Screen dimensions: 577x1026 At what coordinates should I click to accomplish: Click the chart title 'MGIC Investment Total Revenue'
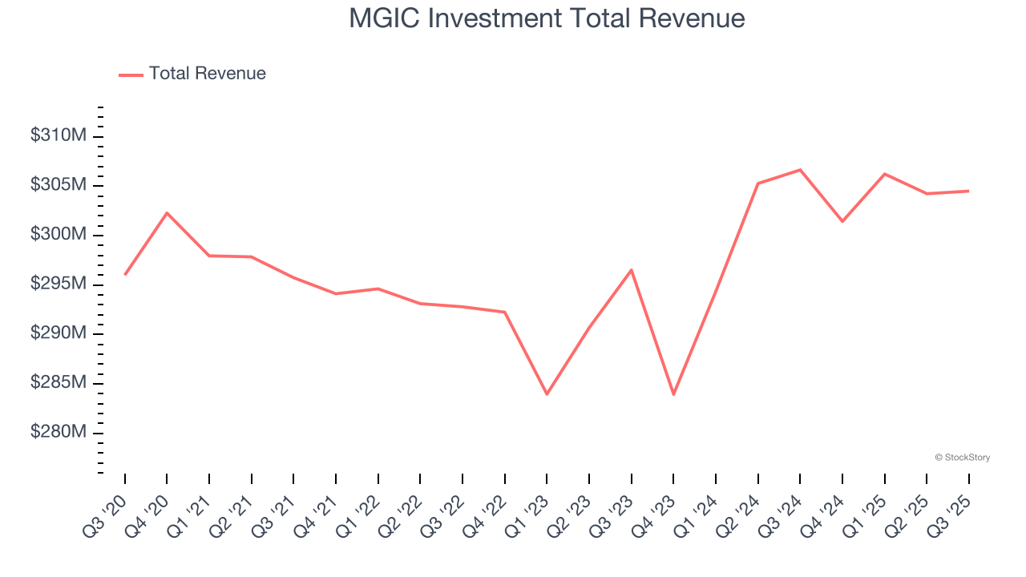tap(547, 18)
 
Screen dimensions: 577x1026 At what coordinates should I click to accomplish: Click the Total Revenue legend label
tap(207, 74)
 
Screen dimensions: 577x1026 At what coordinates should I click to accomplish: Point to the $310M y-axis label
tap(58, 136)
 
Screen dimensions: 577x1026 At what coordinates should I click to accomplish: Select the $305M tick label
tap(58, 185)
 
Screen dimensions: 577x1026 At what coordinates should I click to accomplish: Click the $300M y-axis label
tap(58, 235)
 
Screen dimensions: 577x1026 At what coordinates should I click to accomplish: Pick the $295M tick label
tap(58, 284)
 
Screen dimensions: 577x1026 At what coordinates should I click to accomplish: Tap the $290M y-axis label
tap(58, 333)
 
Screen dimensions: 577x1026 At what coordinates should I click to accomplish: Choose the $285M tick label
tap(58, 383)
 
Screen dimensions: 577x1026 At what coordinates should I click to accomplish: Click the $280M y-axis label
tap(58, 433)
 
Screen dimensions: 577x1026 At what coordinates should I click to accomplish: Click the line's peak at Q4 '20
tap(167, 213)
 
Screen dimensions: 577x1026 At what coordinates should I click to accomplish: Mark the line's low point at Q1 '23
tap(547, 394)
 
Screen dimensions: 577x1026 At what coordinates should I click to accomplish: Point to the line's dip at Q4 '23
tap(673, 394)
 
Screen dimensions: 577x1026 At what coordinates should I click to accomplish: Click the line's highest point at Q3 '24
tap(800, 170)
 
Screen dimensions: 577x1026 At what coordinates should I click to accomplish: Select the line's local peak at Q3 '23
tap(631, 270)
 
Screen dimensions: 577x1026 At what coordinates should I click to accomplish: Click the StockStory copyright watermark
tap(962, 458)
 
